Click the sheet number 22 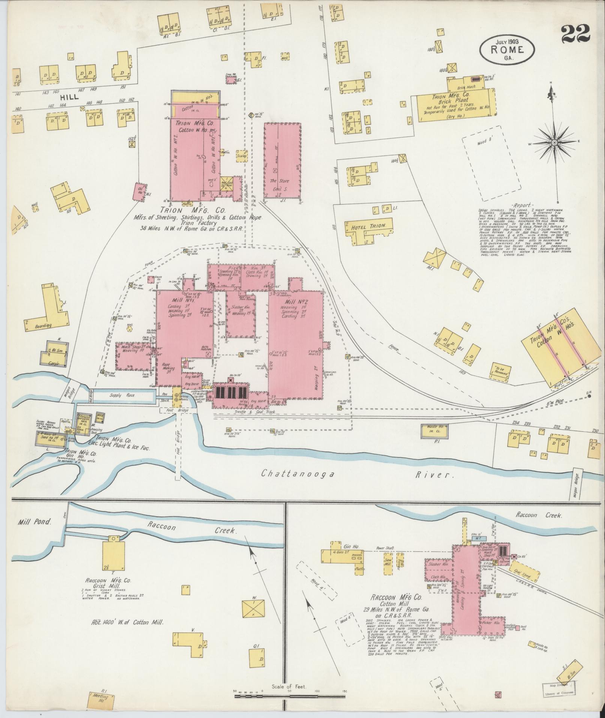pyautogui.click(x=576, y=35)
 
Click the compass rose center pyautogui.click(x=554, y=143)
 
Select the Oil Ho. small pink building pyautogui.click(x=140, y=192)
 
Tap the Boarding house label pyautogui.click(x=43, y=326)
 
